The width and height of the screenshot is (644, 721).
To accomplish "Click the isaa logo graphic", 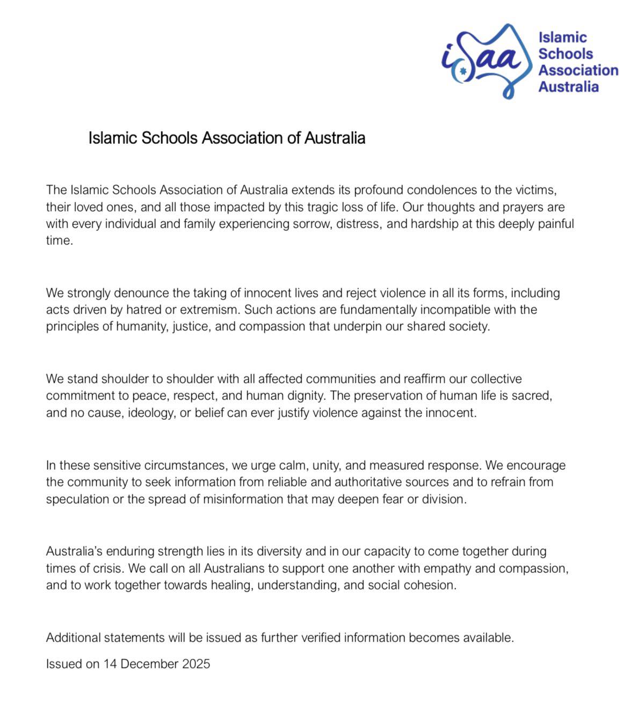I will pyautogui.click(x=482, y=61).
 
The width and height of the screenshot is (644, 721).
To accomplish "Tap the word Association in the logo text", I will pyautogui.click(x=578, y=70).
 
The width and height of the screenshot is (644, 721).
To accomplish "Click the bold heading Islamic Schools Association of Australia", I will pyautogui.click(x=227, y=138).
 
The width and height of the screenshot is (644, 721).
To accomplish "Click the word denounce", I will pyautogui.click(x=144, y=293).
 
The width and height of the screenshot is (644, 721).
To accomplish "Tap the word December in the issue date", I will pyautogui.click(x=149, y=664).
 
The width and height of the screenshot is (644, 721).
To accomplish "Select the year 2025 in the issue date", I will pyautogui.click(x=196, y=664).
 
